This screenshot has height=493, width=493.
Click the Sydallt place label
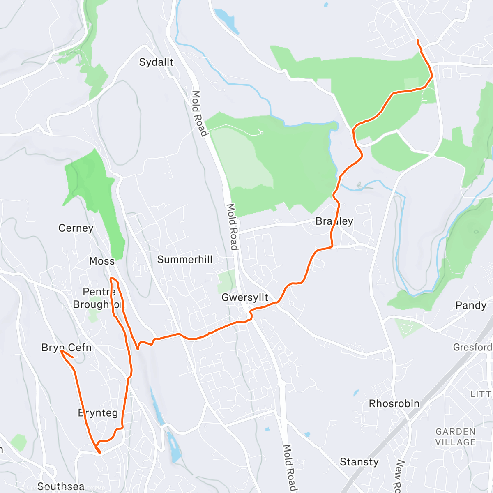coord(156,62)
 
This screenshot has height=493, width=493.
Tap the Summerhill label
coord(185,260)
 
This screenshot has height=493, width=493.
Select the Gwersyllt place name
coord(245,297)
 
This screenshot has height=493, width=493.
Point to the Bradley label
coord(334,221)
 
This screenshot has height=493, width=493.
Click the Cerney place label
coord(76,228)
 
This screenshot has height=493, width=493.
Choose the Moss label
coord(102,261)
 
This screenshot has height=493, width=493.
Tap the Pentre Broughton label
coord(99,298)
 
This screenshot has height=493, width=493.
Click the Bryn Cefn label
coord(67,348)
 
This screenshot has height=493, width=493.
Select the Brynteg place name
coord(98,413)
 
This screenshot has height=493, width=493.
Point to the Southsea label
coord(61,487)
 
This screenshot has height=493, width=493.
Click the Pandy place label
coord(471,305)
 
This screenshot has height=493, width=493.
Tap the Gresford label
coord(472,347)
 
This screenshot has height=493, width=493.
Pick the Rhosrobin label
coord(394,403)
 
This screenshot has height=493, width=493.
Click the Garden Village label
coord(455,437)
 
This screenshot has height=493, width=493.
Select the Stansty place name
coord(359,462)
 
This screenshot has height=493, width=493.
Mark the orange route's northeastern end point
coord(417,40)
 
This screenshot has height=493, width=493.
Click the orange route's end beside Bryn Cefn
coord(73,357)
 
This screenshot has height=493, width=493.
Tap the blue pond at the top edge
coord(225,20)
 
